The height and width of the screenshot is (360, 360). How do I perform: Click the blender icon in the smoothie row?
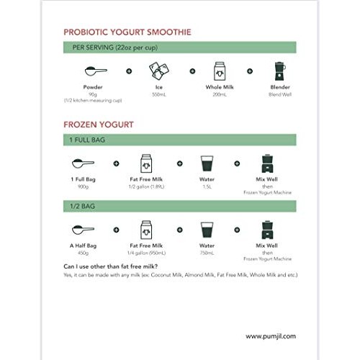(278, 71)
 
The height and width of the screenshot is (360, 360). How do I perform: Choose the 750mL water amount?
(207, 252)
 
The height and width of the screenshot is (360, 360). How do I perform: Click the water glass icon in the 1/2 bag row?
(207, 230)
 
